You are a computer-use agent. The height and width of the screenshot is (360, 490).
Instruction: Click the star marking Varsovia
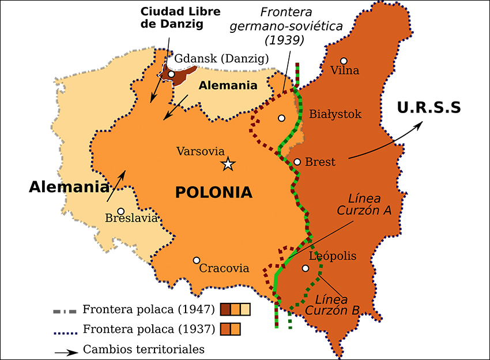point(228,164)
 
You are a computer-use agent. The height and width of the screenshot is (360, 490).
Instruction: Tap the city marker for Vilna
point(344,61)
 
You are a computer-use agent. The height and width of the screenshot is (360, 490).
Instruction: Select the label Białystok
point(335,114)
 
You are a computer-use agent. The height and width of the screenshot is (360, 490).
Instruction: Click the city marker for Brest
point(297,162)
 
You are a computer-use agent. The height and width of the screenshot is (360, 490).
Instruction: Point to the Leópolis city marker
point(306,268)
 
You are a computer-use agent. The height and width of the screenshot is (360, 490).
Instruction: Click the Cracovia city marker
point(197,260)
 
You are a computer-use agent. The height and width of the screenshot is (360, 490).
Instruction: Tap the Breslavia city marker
point(120,211)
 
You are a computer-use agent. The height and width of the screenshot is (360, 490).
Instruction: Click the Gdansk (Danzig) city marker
point(171,74)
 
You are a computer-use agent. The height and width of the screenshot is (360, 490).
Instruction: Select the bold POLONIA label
point(214,192)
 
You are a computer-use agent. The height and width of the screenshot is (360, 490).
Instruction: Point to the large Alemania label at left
point(69,187)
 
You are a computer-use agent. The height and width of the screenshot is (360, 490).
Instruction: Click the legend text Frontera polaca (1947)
point(149,309)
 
